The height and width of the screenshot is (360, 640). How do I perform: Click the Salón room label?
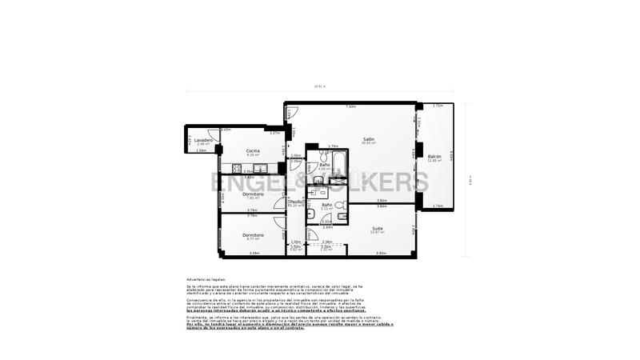[x=369, y=139]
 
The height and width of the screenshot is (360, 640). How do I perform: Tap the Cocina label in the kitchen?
[x=253, y=150]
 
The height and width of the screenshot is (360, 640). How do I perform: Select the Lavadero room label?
[x=203, y=140]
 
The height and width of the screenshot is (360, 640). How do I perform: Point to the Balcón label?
[x=434, y=156]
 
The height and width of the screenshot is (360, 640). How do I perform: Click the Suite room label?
[x=377, y=229]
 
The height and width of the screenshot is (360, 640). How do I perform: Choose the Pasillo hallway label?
[x=296, y=202]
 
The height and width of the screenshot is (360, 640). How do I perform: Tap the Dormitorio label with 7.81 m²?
[x=254, y=194]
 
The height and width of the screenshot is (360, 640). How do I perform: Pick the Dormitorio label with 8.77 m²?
[x=254, y=234]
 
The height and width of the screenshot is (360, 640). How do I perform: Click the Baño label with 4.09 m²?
[x=325, y=165]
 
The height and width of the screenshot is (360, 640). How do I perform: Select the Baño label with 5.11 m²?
[x=327, y=205]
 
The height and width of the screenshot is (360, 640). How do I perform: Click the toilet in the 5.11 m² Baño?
[x=341, y=215]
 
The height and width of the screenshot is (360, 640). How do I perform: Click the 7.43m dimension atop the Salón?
[x=350, y=106]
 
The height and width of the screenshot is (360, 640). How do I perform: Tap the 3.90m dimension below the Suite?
[x=381, y=254]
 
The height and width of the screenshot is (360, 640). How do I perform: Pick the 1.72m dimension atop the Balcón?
[x=438, y=106]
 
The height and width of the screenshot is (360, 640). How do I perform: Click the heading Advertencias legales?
[x=206, y=278]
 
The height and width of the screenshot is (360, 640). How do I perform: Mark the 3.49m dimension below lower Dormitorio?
[x=254, y=254]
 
